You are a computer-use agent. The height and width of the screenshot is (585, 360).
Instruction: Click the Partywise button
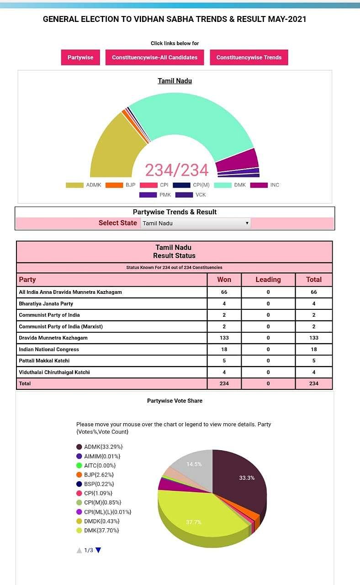coord(80,58)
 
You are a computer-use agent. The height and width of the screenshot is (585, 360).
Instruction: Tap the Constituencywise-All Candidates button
coord(154,58)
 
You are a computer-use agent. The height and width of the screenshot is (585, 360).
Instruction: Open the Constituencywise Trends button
coord(249,58)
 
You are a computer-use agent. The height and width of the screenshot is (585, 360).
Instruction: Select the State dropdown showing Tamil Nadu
coord(196,223)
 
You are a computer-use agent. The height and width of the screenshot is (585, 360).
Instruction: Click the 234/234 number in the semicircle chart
coord(176,170)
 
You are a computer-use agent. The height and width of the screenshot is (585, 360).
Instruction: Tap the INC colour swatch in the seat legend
coord(259,185)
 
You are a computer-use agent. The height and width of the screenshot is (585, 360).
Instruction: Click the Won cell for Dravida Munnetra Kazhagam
coord(224,338)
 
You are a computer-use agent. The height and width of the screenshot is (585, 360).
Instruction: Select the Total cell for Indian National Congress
coord(313,349)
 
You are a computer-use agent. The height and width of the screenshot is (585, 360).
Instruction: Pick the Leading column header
coord(268,280)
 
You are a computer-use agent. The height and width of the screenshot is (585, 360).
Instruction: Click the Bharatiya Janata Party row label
coord(46,303)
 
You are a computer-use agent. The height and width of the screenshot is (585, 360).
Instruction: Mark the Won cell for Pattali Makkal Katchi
coord(224,361)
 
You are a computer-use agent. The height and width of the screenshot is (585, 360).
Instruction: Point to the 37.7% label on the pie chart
coord(194,522)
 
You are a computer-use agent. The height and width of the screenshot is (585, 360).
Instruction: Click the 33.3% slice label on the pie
coord(247,478)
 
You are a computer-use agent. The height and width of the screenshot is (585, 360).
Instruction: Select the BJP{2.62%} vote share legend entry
coord(99,475)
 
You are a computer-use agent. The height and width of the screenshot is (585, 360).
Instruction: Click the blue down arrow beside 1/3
coord(98,550)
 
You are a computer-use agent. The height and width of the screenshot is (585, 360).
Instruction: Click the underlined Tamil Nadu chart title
coord(175,81)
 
